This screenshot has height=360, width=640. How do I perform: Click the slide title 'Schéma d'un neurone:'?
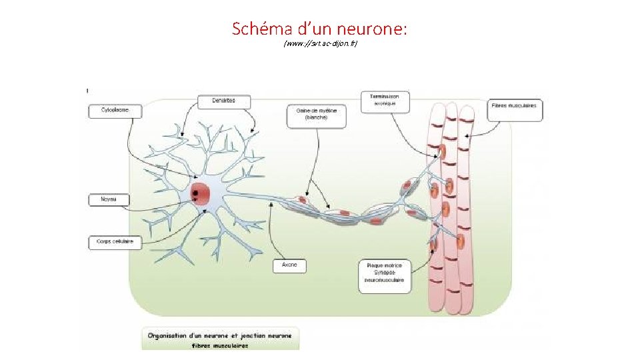pos(320,29)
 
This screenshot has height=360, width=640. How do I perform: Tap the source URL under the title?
pos(320,44)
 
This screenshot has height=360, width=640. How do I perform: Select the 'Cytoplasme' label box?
pos(115,111)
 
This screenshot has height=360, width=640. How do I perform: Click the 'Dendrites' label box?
pos(225,102)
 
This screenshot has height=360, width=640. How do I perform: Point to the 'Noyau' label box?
pos(108,199)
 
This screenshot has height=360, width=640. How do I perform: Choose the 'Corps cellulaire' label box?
pos(115,243)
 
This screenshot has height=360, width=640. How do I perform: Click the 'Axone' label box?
pos(289,265)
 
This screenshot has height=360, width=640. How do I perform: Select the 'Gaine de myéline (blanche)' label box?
pos(317,115)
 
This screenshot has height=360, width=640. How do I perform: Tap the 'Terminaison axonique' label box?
pos(385,100)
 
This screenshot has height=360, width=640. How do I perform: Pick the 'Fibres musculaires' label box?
pos(515,110)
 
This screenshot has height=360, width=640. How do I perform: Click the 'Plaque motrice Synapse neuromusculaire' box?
pos(385,276)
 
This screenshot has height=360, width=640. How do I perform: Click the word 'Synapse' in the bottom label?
pos(384,272)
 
